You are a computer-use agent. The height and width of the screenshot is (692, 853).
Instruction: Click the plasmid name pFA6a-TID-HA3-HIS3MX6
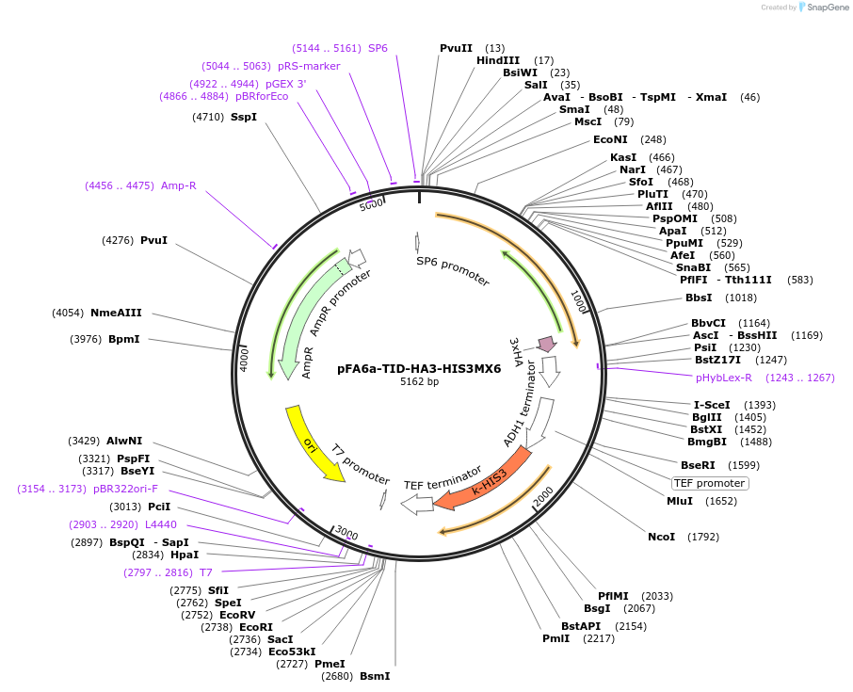point(419,369)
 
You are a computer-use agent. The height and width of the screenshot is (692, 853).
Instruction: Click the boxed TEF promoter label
point(710,483)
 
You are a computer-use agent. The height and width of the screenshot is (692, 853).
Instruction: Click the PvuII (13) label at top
point(456,48)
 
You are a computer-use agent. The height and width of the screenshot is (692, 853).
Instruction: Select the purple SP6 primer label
point(378,48)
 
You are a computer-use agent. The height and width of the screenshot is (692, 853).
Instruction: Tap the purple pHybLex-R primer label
point(724,378)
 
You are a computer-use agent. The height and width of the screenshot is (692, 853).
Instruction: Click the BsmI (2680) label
point(374,676)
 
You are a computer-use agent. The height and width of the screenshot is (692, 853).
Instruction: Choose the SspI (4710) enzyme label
point(243,117)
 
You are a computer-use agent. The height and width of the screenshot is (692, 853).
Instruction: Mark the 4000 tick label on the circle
point(244,359)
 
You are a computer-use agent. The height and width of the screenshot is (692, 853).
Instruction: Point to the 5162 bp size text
point(419,382)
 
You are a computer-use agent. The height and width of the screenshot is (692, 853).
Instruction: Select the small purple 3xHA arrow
point(546,344)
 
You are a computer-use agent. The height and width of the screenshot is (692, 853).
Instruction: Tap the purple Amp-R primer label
point(178,185)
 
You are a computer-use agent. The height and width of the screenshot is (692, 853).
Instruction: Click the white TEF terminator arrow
point(417,505)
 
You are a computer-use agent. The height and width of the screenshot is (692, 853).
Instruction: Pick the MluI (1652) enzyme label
point(679,501)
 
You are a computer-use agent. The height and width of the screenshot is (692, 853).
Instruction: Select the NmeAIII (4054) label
point(116,313)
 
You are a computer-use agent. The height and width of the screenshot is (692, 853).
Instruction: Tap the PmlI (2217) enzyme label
point(555,638)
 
